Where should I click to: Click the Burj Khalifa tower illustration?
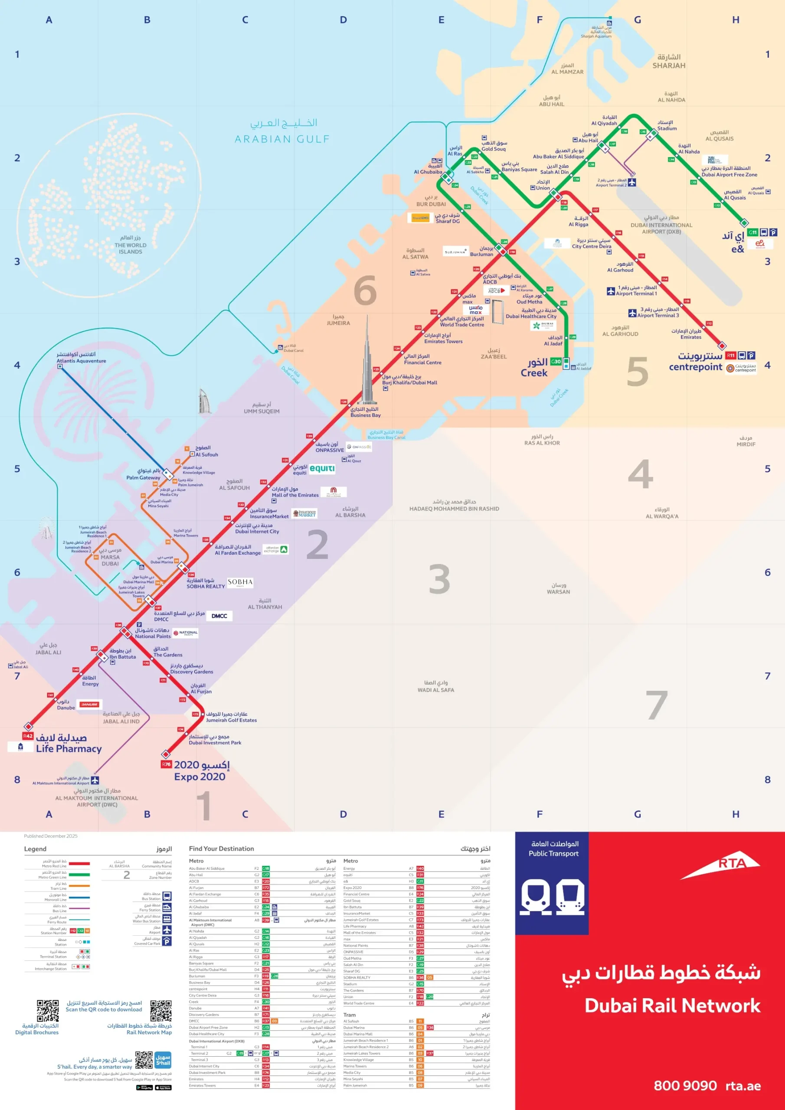coord(367,367)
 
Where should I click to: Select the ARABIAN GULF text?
coord(282,139)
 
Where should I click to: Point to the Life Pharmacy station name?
coord(69,748)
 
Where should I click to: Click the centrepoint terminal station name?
coord(695,366)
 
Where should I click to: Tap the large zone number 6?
coord(365,290)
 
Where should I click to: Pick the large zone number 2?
coord(317,545)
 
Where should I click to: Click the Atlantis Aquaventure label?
coord(81,361)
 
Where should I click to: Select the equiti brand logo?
coord(322,468)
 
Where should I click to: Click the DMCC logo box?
coord(219,616)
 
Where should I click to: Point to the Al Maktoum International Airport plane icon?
coord(95,780)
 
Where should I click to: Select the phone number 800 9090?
coord(685,1085)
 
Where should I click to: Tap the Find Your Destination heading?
coord(221,849)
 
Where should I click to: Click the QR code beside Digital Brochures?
coord(47,1010)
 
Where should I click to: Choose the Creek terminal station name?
coord(534,373)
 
